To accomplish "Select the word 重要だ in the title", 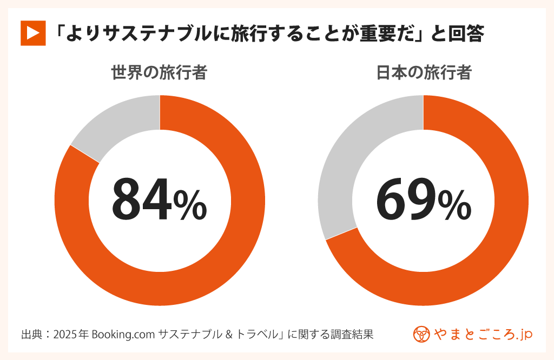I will click(x=382, y=34).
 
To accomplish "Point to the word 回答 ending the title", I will click(x=465, y=34).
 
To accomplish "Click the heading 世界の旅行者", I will click(x=159, y=73).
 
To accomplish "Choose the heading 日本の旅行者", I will click(x=424, y=73).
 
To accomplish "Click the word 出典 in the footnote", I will click(x=31, y=334).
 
